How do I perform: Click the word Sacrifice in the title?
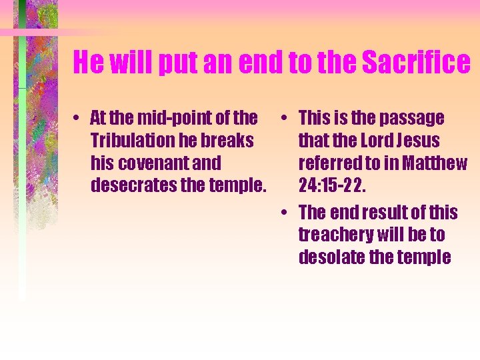coord(416,63)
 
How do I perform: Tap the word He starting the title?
coord(88,63)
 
